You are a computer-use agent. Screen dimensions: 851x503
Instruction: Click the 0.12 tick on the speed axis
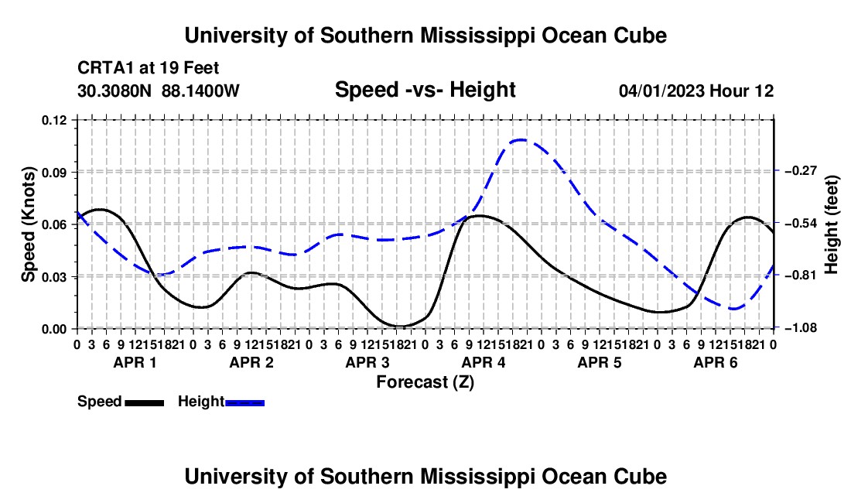(54, 120)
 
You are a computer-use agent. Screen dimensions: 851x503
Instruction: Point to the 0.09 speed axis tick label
(54, 173)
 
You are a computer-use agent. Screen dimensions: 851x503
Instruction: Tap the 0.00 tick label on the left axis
(54, 329)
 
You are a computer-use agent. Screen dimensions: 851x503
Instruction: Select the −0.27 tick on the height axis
(801, 171)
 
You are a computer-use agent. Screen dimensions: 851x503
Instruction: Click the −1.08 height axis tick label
(801, 328)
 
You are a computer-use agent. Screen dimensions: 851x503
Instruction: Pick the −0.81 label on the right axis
(801, 275)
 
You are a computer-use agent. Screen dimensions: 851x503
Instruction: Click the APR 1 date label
(135, 362)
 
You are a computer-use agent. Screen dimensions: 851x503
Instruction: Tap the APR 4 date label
(484, 362)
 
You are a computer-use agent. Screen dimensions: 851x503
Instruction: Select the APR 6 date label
(716, 362)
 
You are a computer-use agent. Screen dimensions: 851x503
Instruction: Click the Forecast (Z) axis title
(425, 382)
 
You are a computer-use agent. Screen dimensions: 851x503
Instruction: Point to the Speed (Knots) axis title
(28, 224)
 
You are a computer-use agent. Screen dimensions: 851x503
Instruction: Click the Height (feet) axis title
(832, 224)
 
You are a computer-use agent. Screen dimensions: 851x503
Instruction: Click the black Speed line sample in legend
(145, 402)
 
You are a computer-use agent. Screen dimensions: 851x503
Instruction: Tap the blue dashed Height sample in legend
(244, 402)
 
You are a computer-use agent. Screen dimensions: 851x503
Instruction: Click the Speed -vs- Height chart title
(425, 90)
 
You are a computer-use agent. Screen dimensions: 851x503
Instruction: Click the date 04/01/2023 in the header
(662, 91)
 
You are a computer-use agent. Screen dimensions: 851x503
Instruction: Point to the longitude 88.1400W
(200, 91)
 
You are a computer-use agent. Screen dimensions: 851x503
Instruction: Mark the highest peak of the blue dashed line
(521, 140)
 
